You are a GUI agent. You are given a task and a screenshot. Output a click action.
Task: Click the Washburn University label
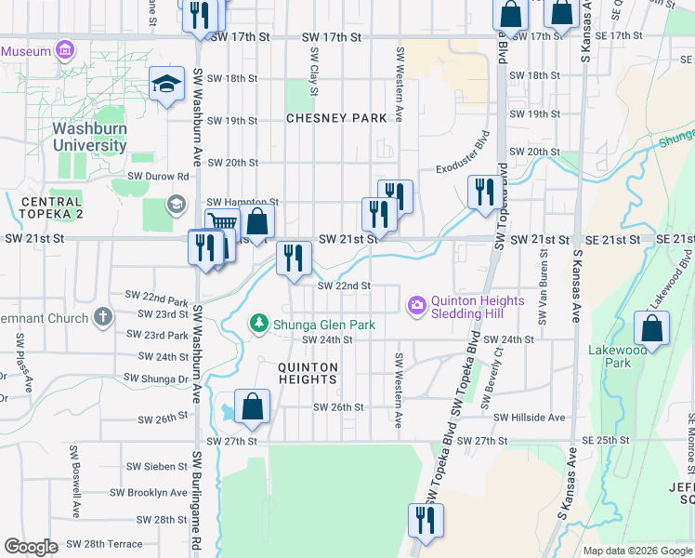click(89, 137)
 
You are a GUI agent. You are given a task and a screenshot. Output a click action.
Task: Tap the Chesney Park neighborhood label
click(335, 118)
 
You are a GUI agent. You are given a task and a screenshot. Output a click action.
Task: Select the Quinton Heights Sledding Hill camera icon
click(416, 304)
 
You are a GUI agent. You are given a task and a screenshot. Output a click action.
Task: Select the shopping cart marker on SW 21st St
click(222, 223)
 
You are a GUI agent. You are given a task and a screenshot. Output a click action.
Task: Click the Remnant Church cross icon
click(102, 318)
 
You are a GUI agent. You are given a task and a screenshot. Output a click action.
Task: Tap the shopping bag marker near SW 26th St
click(252, 405)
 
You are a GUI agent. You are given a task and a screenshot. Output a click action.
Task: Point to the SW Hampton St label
click(243, 202)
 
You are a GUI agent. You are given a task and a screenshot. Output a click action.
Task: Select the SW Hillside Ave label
click(530, 418)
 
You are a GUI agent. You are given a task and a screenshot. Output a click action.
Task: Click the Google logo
click(32, 547)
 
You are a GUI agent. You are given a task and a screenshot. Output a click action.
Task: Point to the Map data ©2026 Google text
click(637, 551)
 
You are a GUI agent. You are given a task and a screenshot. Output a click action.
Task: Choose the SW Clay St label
click(314, 73)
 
